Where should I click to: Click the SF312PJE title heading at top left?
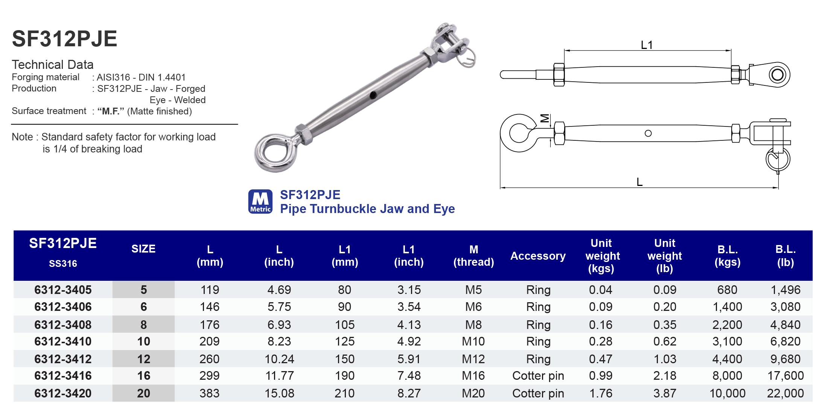[64, 39]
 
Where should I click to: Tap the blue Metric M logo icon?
[260, 202]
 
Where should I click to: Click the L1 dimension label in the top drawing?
[647, 45]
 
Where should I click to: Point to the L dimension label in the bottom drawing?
[639, 182]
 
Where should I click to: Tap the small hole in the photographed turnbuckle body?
[373, 95]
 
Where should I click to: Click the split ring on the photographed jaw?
[468, 57]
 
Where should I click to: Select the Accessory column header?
[538, 256]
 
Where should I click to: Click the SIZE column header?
[143, 249]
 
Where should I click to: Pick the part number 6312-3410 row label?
[63, 341]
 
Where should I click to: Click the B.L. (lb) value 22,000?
[785, 393]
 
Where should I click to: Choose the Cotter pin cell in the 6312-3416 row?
[538, 376]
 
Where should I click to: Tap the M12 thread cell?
[473, 359]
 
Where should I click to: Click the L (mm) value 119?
[210, 290]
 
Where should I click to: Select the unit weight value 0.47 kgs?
[601, 359]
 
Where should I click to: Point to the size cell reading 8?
[143, 324]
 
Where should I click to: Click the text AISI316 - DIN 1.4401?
[141, 78]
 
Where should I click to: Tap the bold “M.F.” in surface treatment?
[111, 111]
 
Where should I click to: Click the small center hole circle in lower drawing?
[648, 133]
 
